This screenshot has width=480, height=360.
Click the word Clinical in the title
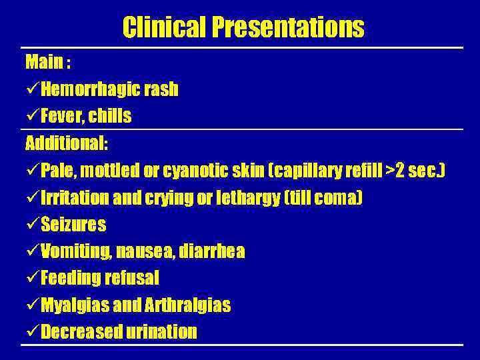(x=165, y=28)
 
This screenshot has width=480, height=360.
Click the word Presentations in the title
(x=288, y=28)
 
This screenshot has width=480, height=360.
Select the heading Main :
(x=48, y=63)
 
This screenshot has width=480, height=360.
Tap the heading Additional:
(x=67, y=143)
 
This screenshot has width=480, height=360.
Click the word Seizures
(x=73, y=225)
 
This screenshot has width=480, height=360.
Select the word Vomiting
(x=75, y=252)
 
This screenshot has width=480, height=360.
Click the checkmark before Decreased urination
(x=31, y=333)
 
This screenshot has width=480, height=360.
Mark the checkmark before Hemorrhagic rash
(x=31, y=89)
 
